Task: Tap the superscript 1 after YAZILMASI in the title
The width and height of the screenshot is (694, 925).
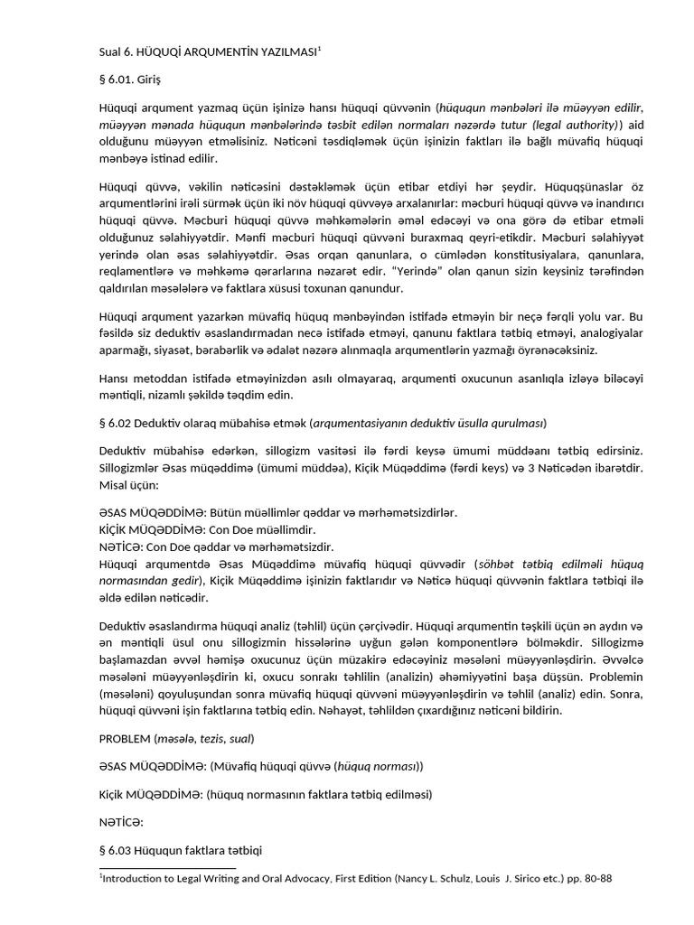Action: pyautogui.click(x=319, y=49)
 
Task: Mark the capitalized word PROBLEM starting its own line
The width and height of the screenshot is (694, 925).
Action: pyautogui.click(x=125, y=737)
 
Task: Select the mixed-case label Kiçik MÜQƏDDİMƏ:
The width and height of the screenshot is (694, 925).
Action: pyautogui.click(x=150, y=794)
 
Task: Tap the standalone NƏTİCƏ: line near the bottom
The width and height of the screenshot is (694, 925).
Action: pyautogui.click(x=121, y=823)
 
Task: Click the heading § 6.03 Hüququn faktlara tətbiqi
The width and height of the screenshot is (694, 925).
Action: pyautogui.click(x=181, y=851)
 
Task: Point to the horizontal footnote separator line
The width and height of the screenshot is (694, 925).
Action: pyautogui.click(x=167, y=868)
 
